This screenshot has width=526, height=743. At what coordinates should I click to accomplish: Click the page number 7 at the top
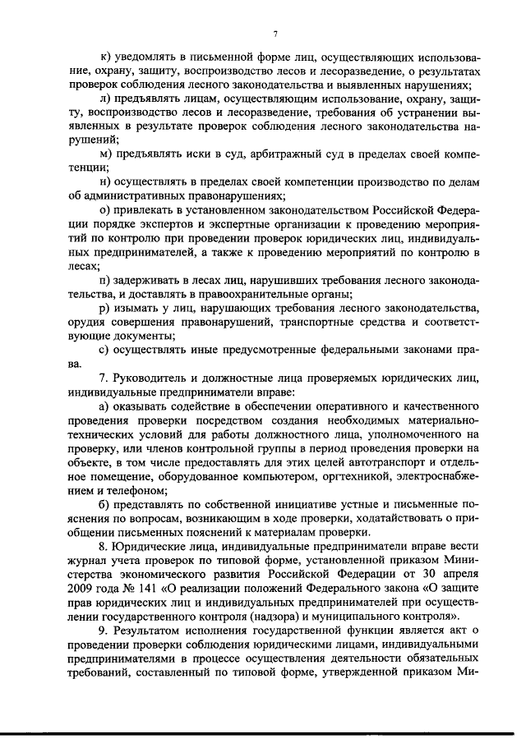276,34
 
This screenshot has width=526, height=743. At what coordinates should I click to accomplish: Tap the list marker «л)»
104,98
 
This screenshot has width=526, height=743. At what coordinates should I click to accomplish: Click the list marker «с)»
104,350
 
